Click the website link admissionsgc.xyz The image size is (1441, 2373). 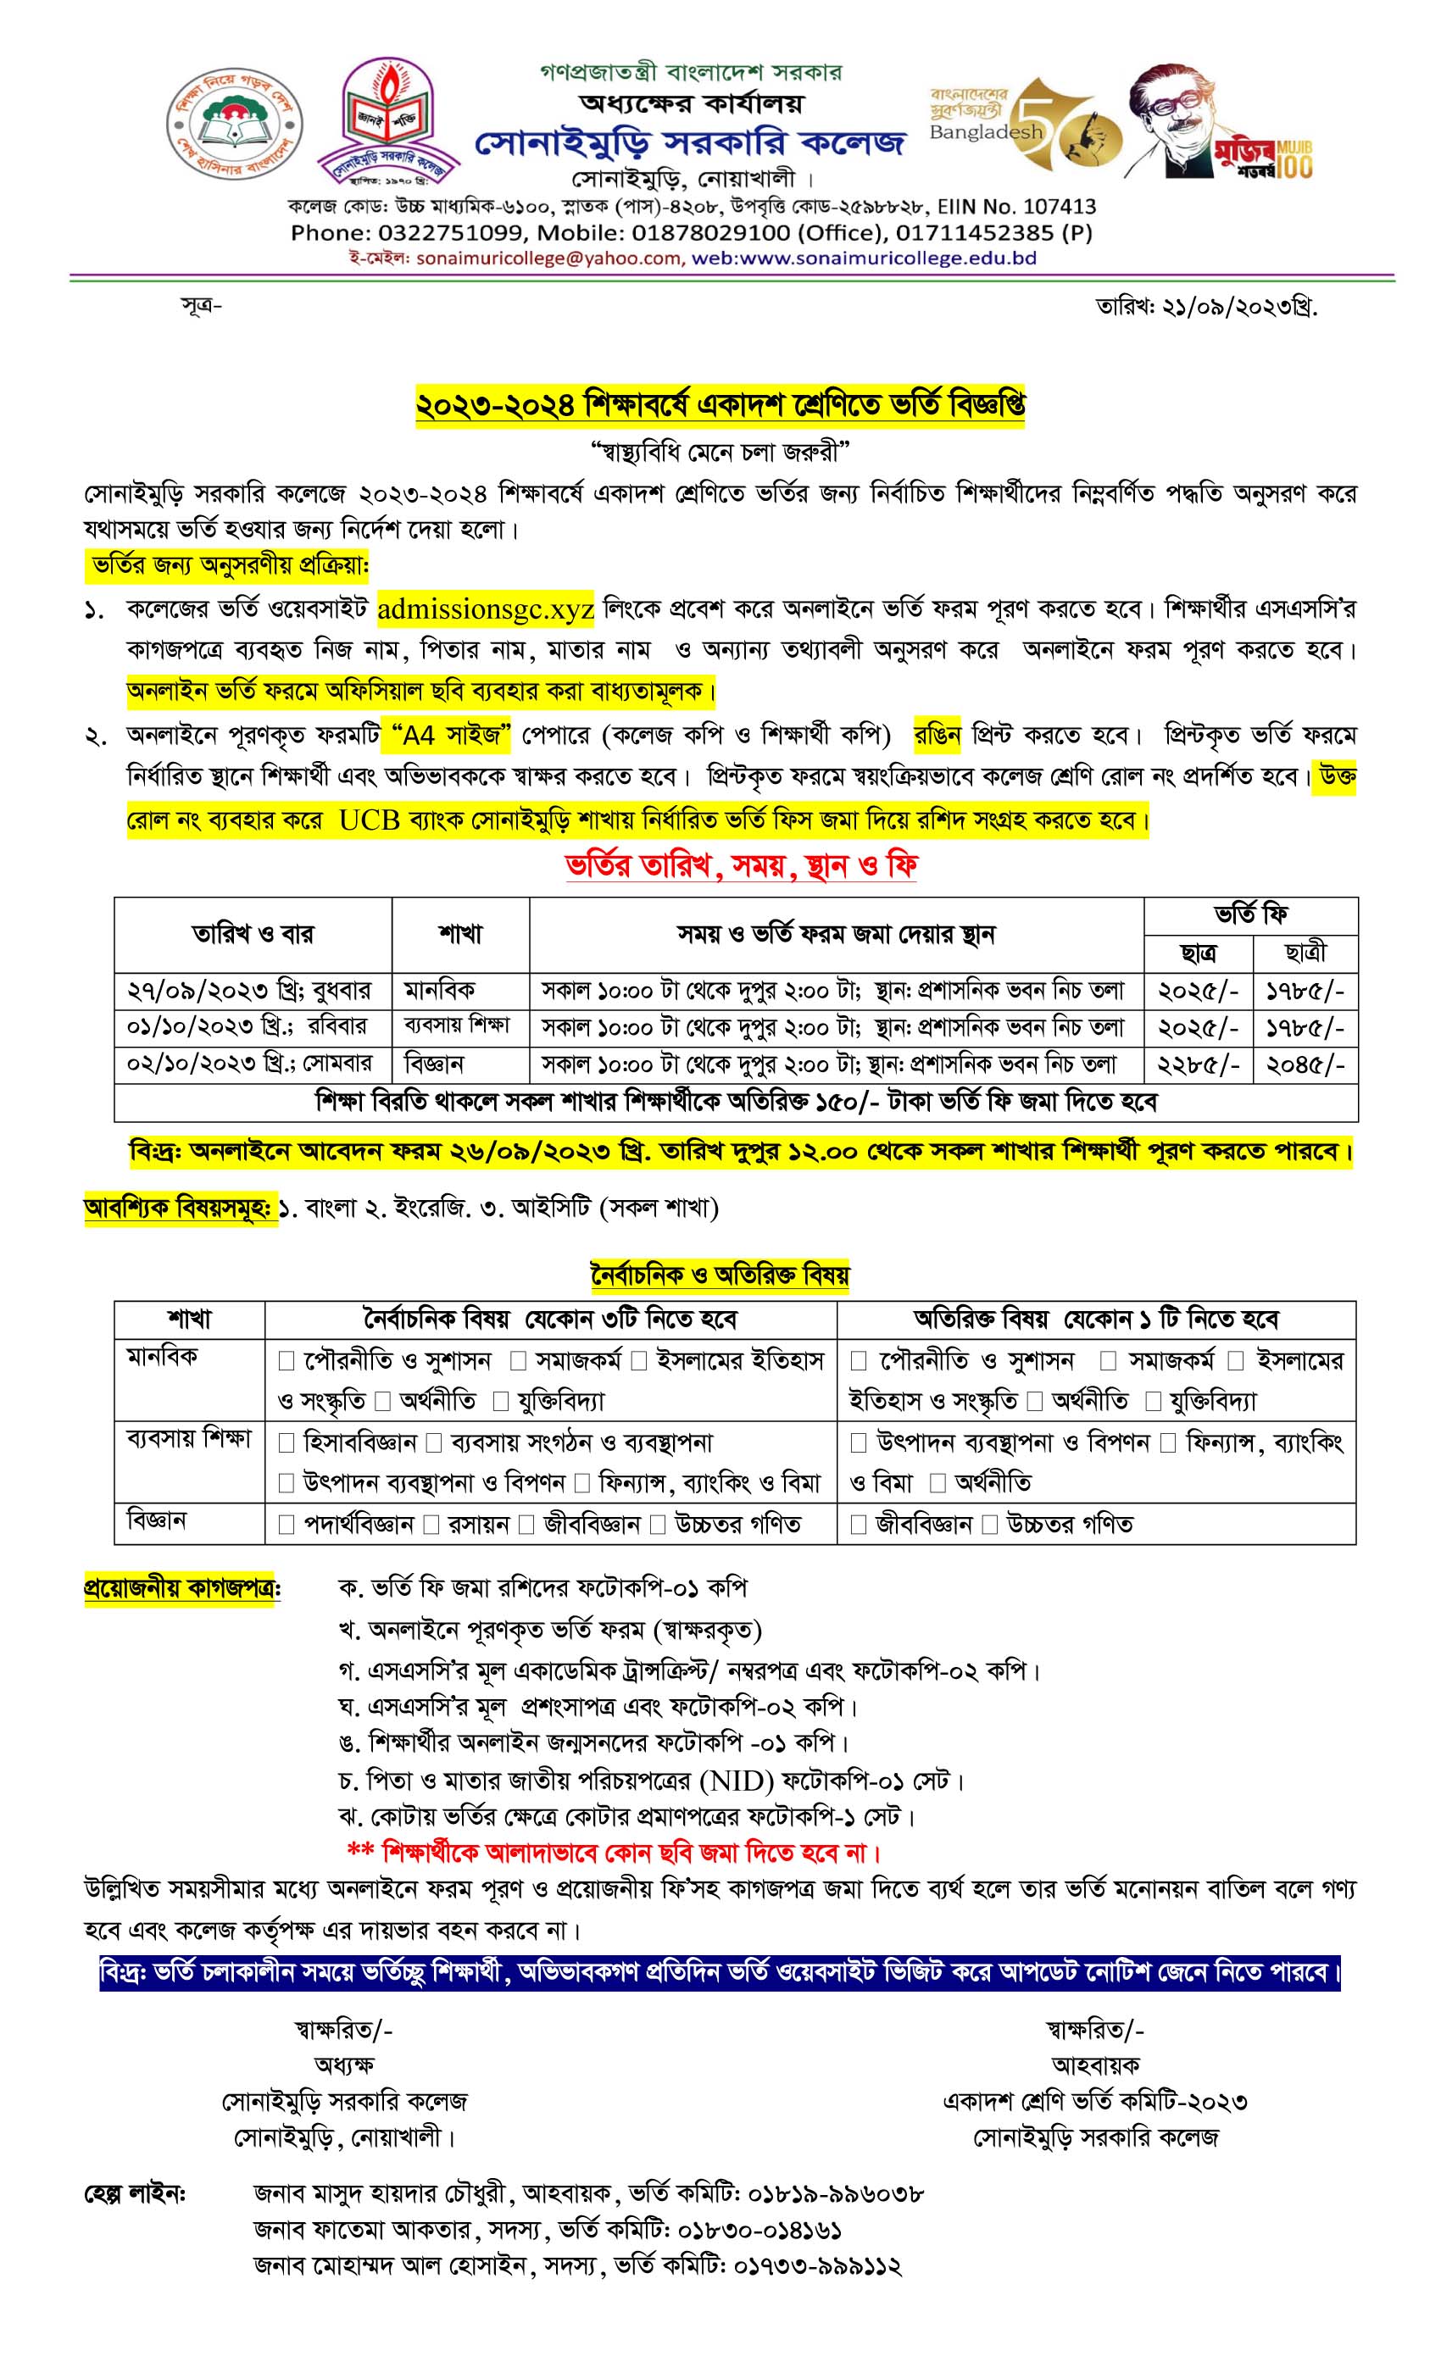[486, 609]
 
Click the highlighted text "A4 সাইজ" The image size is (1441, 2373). [451, 736]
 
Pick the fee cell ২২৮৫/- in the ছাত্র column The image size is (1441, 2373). [1197, 1064]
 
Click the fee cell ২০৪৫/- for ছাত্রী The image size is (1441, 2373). [1305, 1064]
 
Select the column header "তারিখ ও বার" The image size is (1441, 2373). [253, 933]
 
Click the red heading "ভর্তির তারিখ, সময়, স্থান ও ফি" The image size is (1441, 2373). [740, 866]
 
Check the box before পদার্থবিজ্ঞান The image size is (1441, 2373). [287, 1525]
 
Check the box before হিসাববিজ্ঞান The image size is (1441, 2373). [287, 1442]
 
